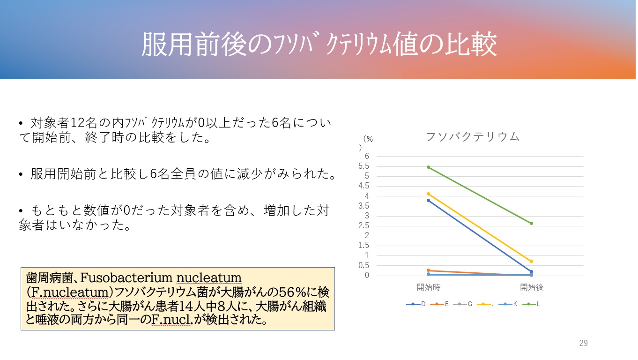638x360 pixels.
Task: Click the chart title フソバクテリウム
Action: [x=473, y=137]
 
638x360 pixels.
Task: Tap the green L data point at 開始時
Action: [x=428, y=167]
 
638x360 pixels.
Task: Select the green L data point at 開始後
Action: [x=532, y=224]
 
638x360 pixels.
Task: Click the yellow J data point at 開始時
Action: [x=428, y=194]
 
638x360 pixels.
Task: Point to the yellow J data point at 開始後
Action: [x=532, y=262]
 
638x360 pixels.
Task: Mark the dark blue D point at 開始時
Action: [x=428, y=200]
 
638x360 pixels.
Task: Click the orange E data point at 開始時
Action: [x=428, y=270]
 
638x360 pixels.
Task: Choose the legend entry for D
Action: [x=416, y=304]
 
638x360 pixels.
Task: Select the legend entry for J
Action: [x=485, y=304]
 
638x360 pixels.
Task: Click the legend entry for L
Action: [x=531, y=304]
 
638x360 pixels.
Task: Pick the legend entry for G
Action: [x=462, y=304]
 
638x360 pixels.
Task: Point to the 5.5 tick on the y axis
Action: [x=364, y=166]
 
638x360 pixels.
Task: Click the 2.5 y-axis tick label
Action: [x=364, y=226]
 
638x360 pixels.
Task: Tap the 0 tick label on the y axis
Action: [x=367, y=275]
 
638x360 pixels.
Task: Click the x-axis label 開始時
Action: [x=429, y=287]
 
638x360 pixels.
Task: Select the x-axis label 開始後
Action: [x=532, y=287]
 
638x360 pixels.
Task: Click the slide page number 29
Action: [x=583, y=343]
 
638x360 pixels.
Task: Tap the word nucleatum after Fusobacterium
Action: [x=209, y=278]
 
